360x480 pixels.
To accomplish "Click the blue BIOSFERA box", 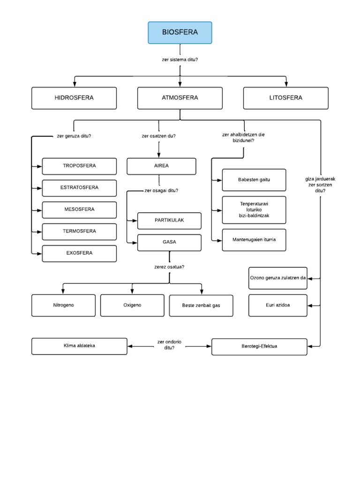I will tap(180, 32).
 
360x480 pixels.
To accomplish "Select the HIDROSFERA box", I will tap(74, 98).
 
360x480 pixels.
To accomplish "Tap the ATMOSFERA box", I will tap(180, 98).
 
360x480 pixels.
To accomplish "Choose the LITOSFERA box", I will tap(285, 98).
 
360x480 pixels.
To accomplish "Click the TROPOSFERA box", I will tap(79, 166).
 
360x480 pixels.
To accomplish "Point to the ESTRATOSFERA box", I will tap(79, 187).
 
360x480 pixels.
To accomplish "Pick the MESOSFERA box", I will tap(79, 210).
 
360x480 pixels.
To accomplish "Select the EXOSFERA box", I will tap(79, 253).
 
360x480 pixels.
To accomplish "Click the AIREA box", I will tap(161, 166).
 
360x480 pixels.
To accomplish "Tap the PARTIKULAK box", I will tap(169, 220).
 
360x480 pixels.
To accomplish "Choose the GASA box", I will tap(169, 242).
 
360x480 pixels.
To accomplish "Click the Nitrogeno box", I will tap(63, 305).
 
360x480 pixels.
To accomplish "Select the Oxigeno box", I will tap(132, 305).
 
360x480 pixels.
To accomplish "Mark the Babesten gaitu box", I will tap(254, 180).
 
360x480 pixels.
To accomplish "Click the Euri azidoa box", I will tap(278, 305).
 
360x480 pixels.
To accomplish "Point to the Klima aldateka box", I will tap(79, 346).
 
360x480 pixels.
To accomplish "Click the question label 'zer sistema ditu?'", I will tap(180, 59).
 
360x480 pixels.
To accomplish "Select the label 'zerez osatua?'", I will tap(169, 267).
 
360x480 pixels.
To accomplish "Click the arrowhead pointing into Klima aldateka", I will tap(130, 346).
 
